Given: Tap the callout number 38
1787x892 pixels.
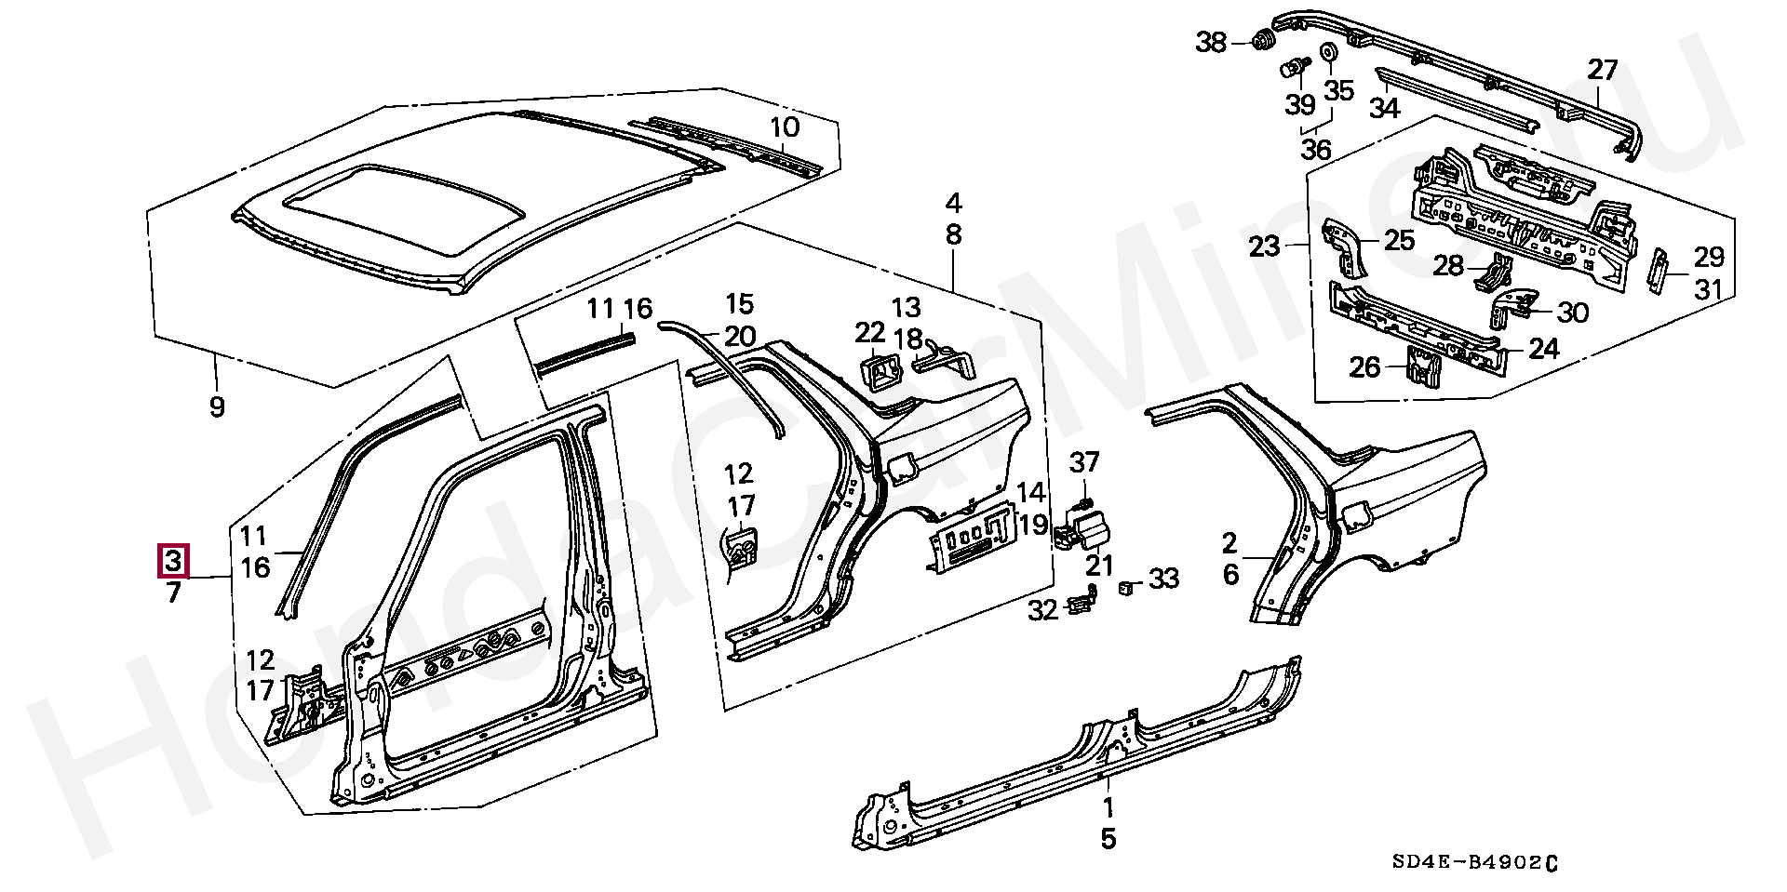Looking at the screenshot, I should point(1211,42).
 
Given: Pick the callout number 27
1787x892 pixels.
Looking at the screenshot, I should point(1603,70).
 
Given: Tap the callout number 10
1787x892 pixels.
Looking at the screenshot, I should point(785,126).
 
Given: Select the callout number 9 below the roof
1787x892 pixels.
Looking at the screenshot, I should point(217,406).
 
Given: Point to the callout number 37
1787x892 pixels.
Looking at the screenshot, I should point(1084,461).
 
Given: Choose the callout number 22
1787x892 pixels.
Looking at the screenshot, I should point(871,331).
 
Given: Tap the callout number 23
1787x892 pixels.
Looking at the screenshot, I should point(1265,246).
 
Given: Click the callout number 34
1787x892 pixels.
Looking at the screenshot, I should point(1384,108).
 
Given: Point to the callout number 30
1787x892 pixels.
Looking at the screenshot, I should point(1572,312).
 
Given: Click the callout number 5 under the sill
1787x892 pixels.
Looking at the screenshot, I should point(1108,838).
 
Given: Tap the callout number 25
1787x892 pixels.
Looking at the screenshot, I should point(1399,241).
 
